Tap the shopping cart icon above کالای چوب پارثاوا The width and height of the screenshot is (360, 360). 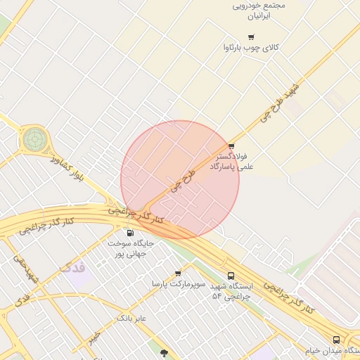click(251, 37)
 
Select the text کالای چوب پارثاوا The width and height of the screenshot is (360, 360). click(251, 48)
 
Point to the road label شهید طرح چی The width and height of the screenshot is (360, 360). click(280, 103)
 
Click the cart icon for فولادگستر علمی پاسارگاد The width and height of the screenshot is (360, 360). click(231, 146)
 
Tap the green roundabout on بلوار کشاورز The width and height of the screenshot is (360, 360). click(34, 139)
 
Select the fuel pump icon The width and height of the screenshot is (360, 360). click(129, 233)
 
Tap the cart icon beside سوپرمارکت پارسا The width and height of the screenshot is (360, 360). click(177, 273)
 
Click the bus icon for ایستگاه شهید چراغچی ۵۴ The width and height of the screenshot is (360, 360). click(231, 276)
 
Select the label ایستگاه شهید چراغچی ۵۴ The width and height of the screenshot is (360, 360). click(236, 292)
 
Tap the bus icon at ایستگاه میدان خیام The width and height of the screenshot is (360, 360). click(336, 340)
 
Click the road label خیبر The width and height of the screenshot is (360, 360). click(94, 337)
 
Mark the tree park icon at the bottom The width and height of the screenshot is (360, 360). click(164, 353)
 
